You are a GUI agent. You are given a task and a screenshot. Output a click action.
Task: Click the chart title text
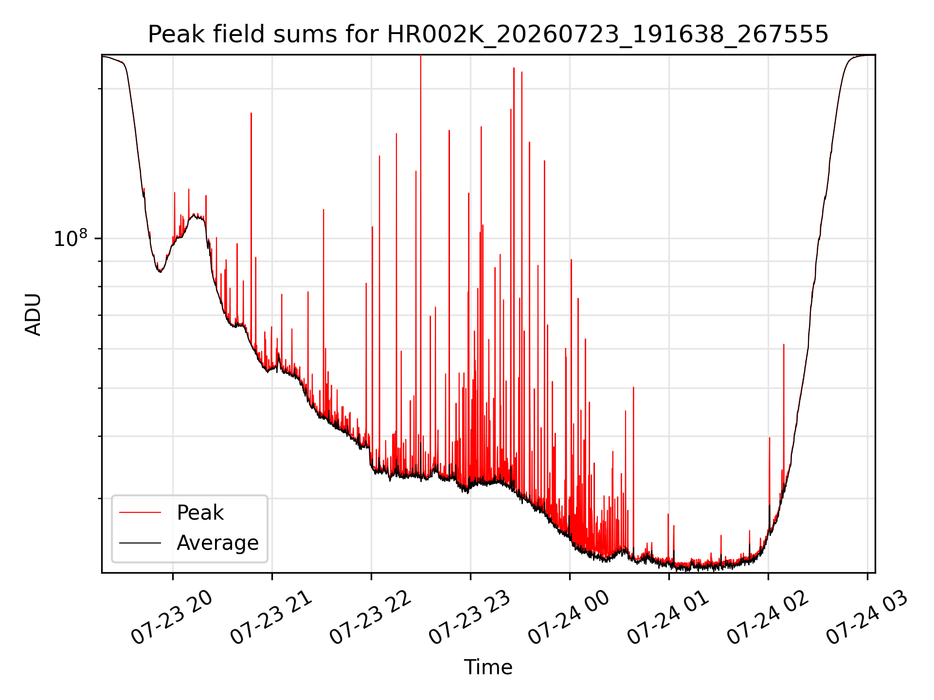[x=488, y=35]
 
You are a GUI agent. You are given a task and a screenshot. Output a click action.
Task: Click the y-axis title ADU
[x=33, y=314]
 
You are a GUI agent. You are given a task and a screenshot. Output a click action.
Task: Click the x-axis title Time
[x=488, y=667]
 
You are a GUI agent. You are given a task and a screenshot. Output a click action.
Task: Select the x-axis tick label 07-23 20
[x=172, y=617]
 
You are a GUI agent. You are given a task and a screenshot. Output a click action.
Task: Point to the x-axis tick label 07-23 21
[x=271, y=617]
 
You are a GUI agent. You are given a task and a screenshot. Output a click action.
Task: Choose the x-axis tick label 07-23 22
[x=370, y=617]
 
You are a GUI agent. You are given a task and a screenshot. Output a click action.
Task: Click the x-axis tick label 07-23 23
[x=469, y=617]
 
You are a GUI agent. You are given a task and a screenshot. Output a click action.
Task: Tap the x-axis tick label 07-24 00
[x=569, y=617]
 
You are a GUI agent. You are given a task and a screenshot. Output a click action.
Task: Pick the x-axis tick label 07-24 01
[x=668, y=617]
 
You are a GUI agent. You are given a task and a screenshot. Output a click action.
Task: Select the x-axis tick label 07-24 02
[x=767, y=617]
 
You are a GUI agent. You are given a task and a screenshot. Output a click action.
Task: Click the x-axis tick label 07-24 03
[x=866, y=617]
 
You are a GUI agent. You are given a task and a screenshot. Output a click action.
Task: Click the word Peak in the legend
[x=200, y=513]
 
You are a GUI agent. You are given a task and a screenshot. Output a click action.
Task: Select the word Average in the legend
[x=217, y=543]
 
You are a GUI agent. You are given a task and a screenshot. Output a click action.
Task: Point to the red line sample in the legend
[x=140, y=512]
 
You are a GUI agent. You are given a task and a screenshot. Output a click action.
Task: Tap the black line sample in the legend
[x=140, y=542]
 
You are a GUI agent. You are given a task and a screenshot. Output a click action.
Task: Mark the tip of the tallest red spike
[x=420, y=55]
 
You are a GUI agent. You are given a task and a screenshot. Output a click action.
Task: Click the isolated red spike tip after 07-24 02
[x=784, y=344]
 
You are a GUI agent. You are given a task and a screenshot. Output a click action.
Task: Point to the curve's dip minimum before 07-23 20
[x=160, y=272]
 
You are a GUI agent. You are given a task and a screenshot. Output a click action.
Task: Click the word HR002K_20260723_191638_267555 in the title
[x=608, y=35]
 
